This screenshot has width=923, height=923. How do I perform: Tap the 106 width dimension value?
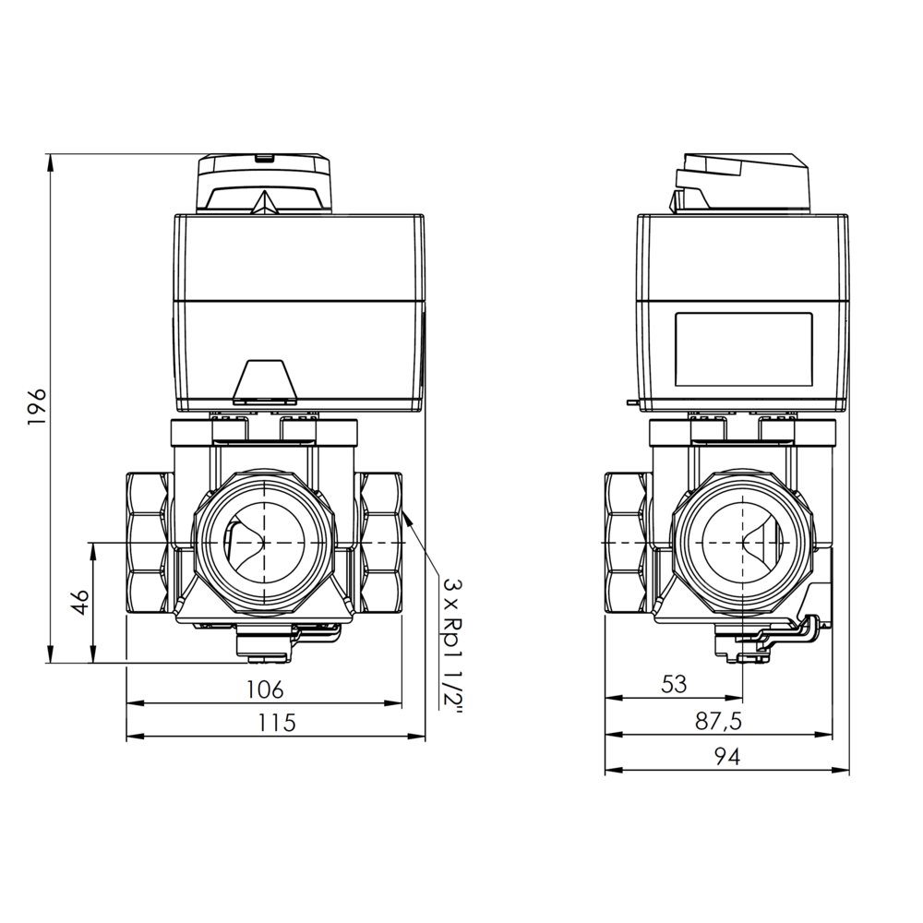[x=265, y=689]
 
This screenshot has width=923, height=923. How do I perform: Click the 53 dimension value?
[x=674, y=684]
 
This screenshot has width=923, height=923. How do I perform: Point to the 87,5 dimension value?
[x=718, y=721]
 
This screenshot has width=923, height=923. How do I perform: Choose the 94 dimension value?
[x=727, y=757]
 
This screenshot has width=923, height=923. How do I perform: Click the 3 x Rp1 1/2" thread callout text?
[x=453, y=644]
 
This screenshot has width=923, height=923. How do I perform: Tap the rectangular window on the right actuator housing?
[x=744, y=350]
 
